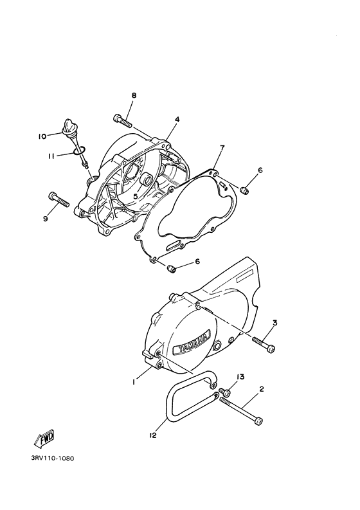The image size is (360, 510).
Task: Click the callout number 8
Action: coord(134,95)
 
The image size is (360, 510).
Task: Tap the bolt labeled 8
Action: coord(123,121)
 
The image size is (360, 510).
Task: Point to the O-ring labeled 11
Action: coord(80,150)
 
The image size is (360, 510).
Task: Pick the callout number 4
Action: coord(177,120)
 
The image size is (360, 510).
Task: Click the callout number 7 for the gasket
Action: coord(222,149)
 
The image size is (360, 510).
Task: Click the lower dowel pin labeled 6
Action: coord(172,269)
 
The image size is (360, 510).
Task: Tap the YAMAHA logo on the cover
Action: coord(192,344)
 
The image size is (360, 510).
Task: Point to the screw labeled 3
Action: coord(264,344)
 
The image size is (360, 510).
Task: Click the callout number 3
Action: coord(274,323)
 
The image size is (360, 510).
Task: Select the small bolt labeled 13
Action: coord(225,392)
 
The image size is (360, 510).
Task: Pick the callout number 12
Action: coord(153,435)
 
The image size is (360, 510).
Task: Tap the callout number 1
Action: coord(134,383)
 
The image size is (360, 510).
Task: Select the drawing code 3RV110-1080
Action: coord(53,459)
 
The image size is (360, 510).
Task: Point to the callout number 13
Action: coord(240,377)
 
